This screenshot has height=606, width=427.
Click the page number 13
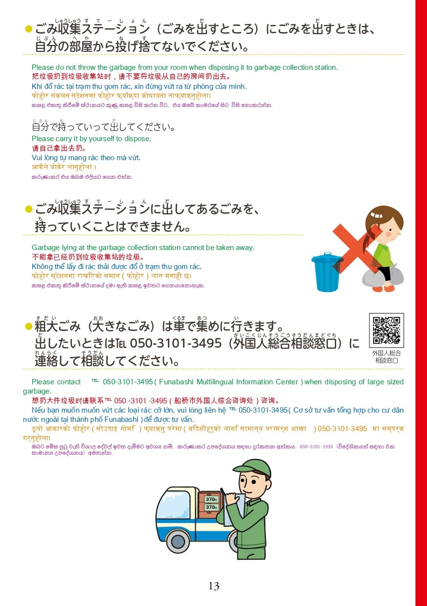[x=214, y=586]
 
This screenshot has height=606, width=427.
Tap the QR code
[x=386, y=330]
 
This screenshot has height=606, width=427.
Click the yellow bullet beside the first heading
[x=28, y=29]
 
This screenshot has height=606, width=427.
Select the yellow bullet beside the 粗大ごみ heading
[x=28, y=326]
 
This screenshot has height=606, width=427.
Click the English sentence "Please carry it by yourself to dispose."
[x=91, y=139]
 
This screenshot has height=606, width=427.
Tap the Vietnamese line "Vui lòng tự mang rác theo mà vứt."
[x=86, y=158]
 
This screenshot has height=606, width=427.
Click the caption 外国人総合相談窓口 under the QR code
[x=386, y=357]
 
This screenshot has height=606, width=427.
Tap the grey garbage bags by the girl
[x=383, y=275]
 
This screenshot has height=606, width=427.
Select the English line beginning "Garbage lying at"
[x=143, y=248]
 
